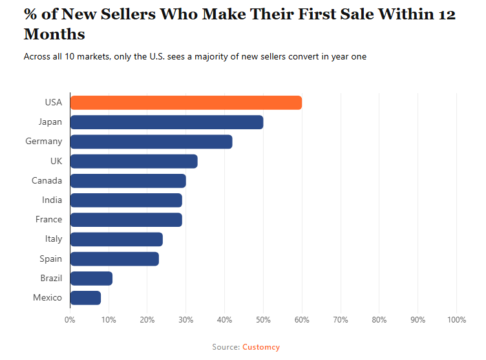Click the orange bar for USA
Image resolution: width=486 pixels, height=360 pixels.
point(185,102)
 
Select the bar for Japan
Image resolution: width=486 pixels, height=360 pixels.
point(166,122)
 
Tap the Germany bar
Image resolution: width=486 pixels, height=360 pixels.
point(151,142)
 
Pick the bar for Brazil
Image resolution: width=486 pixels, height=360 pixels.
point(91,278)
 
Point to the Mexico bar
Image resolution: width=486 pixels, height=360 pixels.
point(85,297)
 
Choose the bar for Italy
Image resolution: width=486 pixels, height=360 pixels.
point(116,239)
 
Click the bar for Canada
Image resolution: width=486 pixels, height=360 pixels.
point(128,180)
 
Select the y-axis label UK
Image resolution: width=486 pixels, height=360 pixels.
point(56,161)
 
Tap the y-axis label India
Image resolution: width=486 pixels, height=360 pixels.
point(52,200)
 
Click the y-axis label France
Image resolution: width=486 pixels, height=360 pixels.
point(49,219)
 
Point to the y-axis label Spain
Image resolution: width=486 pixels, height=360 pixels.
point(51,259)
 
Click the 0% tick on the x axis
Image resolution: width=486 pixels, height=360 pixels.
point(70,319)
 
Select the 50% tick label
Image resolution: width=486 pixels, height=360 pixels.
point(263,319)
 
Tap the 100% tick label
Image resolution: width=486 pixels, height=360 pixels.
point(456,319)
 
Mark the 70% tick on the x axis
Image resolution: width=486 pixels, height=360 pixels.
point(341,319)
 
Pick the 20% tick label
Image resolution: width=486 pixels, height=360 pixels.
point(147,319)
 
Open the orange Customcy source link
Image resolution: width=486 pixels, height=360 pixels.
point(261,347)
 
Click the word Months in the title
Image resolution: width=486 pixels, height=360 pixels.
point(54,34)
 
